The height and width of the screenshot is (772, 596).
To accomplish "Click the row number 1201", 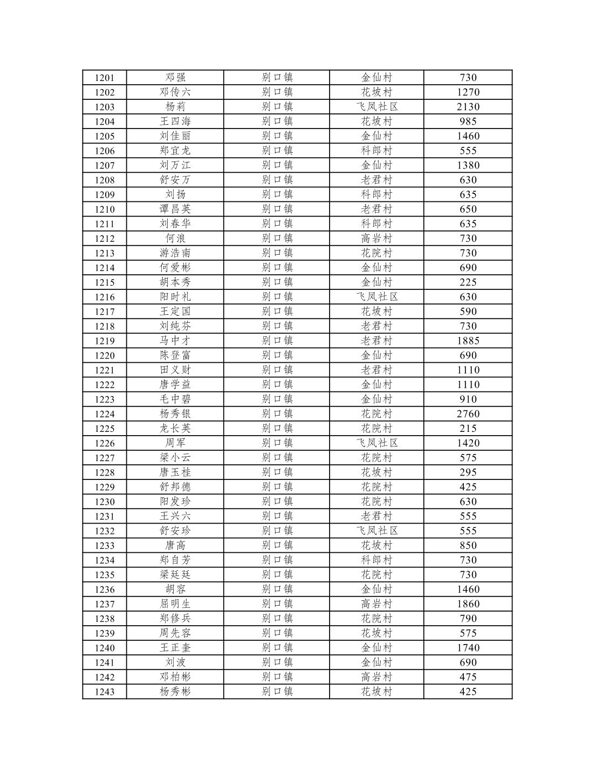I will [x=105, y=78].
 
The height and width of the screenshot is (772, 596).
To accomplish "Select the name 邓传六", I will [x=175, y=92].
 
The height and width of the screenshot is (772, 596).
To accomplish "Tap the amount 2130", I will [x=468, y=107].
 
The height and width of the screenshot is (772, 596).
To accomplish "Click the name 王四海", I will [x=175, y=121].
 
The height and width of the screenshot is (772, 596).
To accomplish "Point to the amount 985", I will [x=468, y=121].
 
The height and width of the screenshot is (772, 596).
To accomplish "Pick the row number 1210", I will [x=105, y=209].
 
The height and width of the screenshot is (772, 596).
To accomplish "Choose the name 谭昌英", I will [x=175, y=209].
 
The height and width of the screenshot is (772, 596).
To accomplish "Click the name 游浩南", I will [x=175, y=253].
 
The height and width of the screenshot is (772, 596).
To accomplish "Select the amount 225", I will [x=468, y=282].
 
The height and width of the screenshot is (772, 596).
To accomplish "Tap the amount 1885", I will [x=468, y=341].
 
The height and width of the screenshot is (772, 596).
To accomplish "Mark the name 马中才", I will [x=175, y=341].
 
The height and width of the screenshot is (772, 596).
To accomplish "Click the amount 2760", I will [x=468, y=414].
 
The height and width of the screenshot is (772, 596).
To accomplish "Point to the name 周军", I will [x=175, y=443].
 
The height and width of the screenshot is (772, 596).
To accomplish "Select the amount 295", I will [x=468, y=472].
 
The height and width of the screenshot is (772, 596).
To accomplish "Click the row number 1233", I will [x=105, y=546].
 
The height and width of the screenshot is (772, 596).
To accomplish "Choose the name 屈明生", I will [x=175, y=604].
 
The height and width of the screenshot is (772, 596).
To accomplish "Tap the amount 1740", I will [x=468, y=648].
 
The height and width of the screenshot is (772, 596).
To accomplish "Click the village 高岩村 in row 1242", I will [x=376, y=677].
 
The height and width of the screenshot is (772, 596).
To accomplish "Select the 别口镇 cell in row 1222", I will [x=277, y=385].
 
